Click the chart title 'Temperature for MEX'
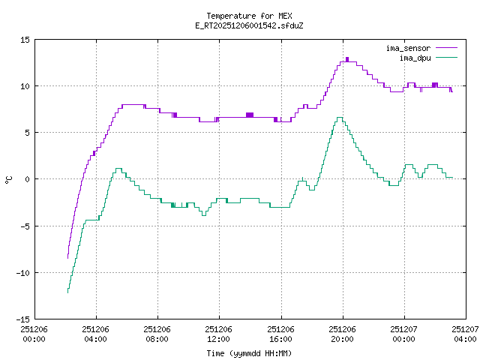pos(249,16)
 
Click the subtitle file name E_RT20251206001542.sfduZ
pos(249,25)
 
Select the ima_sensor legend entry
pos(408,48)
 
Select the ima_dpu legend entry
pos(413,57)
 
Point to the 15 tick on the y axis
pos(25,39)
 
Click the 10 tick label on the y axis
pos(25,86)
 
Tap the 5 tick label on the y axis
pos(28,133)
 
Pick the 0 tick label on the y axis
pos(28,179)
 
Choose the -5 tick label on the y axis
pos(25,226)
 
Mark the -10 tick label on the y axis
pos(23,272)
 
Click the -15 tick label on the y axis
pos(23,319)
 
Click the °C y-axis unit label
pos(9,179)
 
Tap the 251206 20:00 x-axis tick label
pos(343,334)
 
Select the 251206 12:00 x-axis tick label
pos(218,334)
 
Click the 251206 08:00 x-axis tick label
pos(157,334)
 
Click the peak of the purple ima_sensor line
pos(347,59)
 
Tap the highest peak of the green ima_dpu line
pos(340,118)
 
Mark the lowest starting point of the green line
pos(67,292)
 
